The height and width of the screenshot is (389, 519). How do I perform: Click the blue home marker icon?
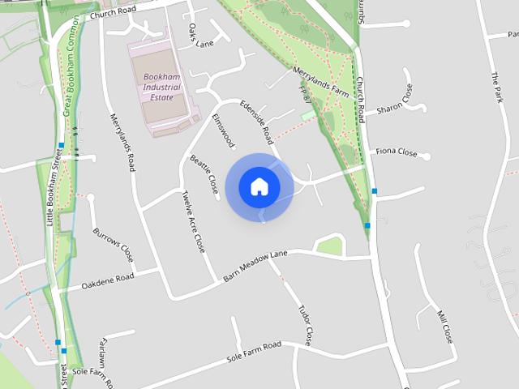259,186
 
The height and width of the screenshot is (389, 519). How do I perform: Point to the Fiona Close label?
397,152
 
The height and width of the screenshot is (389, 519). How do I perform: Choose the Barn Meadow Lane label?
255,266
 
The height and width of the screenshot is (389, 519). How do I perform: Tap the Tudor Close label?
305,324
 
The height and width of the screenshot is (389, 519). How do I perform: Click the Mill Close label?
444,325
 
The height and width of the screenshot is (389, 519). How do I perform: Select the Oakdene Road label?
107,281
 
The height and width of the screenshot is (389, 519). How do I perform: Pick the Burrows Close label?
113,245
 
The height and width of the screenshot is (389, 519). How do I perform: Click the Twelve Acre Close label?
194,221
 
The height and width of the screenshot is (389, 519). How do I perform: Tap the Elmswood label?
223,131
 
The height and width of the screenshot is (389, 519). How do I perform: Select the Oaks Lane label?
199,37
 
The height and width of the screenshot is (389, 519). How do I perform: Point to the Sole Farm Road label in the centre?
254,351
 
